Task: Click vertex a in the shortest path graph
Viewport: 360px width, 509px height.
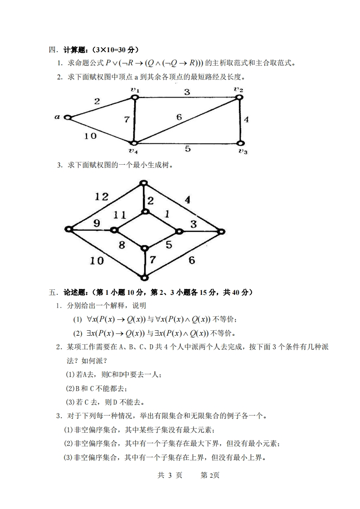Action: [68, 117]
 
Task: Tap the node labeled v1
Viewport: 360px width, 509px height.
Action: [135, 97]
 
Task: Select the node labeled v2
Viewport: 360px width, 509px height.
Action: [239, 97]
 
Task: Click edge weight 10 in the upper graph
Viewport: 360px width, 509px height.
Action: [90, 135]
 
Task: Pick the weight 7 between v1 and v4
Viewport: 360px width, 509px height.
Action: [127, 120]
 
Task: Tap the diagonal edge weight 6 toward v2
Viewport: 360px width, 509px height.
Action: [179, 117]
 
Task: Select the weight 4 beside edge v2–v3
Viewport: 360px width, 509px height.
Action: [246, 120]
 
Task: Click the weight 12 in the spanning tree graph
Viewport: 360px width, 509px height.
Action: [102, 196]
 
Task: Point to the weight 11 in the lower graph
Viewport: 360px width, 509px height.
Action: [119, 215]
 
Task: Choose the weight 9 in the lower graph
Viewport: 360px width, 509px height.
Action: [96, 223]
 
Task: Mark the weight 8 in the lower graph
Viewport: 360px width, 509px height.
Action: [122, 245]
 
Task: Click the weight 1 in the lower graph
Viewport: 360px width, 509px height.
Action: [167, 214]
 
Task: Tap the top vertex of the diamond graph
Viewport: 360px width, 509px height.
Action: [144, 183]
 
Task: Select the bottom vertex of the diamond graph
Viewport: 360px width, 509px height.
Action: [144, 278]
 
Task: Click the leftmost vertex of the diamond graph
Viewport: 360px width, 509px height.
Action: [69, 230]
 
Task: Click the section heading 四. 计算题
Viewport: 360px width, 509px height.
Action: [93, 49]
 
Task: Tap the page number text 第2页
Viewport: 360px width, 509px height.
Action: [210, 475]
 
